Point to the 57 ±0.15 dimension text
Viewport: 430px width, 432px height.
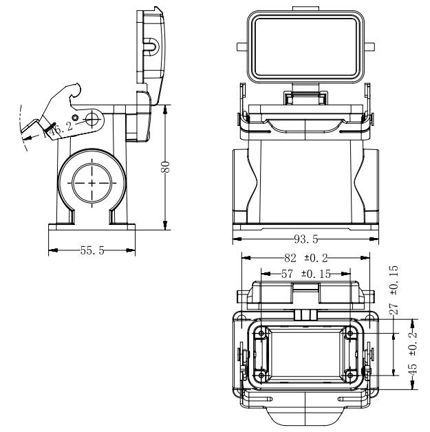pyautogui.click(x=305, y=274)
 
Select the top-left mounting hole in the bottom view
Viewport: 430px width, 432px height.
pyautogui.click(x=262, y=334)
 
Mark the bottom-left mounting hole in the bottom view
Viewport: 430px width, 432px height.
pyautogui.click(x=262, y=375)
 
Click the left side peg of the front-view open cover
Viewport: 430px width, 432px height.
pyautogui.click(x=240, y=48)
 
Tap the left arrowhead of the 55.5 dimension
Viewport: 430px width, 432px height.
pyautogui.click(x=50, y=251)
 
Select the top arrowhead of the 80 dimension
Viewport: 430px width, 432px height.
pyautogui.click(x=166, y=107)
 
